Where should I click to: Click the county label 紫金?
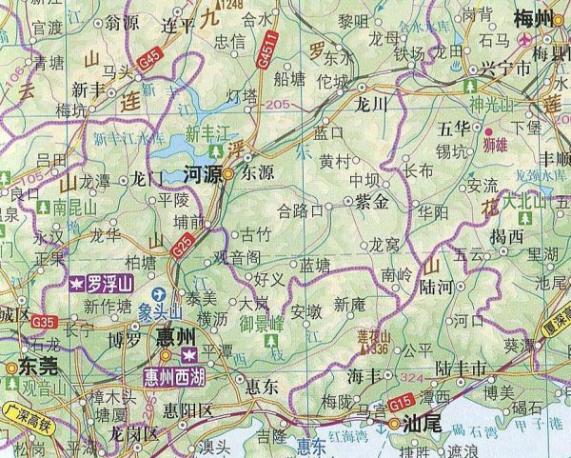[371, 202]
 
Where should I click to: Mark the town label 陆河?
[434, 285]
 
